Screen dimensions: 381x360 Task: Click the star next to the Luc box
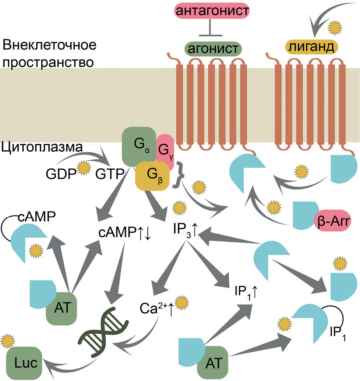pos(7,341)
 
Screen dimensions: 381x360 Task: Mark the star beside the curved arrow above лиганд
pos(334,26)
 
